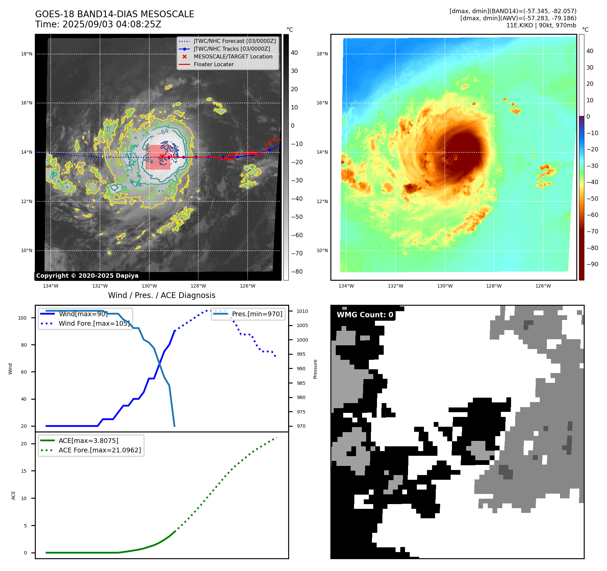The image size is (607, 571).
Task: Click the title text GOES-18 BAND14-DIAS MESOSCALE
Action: [115, 14]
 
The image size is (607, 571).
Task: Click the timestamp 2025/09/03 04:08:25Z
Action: [112, 24]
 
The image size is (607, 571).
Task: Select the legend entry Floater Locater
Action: [213, 64]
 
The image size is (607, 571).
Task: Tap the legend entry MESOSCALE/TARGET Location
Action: [233, 56]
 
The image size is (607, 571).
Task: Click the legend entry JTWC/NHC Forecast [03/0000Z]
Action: [234, 41]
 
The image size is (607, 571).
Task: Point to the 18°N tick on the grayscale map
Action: [27, 54]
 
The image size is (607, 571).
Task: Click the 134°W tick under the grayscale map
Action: [51, 286]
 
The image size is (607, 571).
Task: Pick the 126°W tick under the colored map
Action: [543, 286]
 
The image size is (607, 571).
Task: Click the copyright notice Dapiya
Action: [87, 276]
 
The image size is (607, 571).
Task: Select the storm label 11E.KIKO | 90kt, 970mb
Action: [541, 25]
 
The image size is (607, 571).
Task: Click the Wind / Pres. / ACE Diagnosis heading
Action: [161, 295]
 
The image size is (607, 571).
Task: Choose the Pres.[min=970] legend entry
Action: [257, 314]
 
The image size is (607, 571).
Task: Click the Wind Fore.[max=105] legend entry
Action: [94, 323]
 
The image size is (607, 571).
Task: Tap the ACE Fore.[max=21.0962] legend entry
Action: [100, 450]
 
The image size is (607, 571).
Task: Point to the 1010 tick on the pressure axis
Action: [302, 311]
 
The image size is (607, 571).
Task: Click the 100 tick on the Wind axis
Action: [22, 318]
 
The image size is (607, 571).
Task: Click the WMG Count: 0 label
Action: [365, 315]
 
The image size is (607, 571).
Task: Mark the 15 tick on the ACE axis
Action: [24, 471]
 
